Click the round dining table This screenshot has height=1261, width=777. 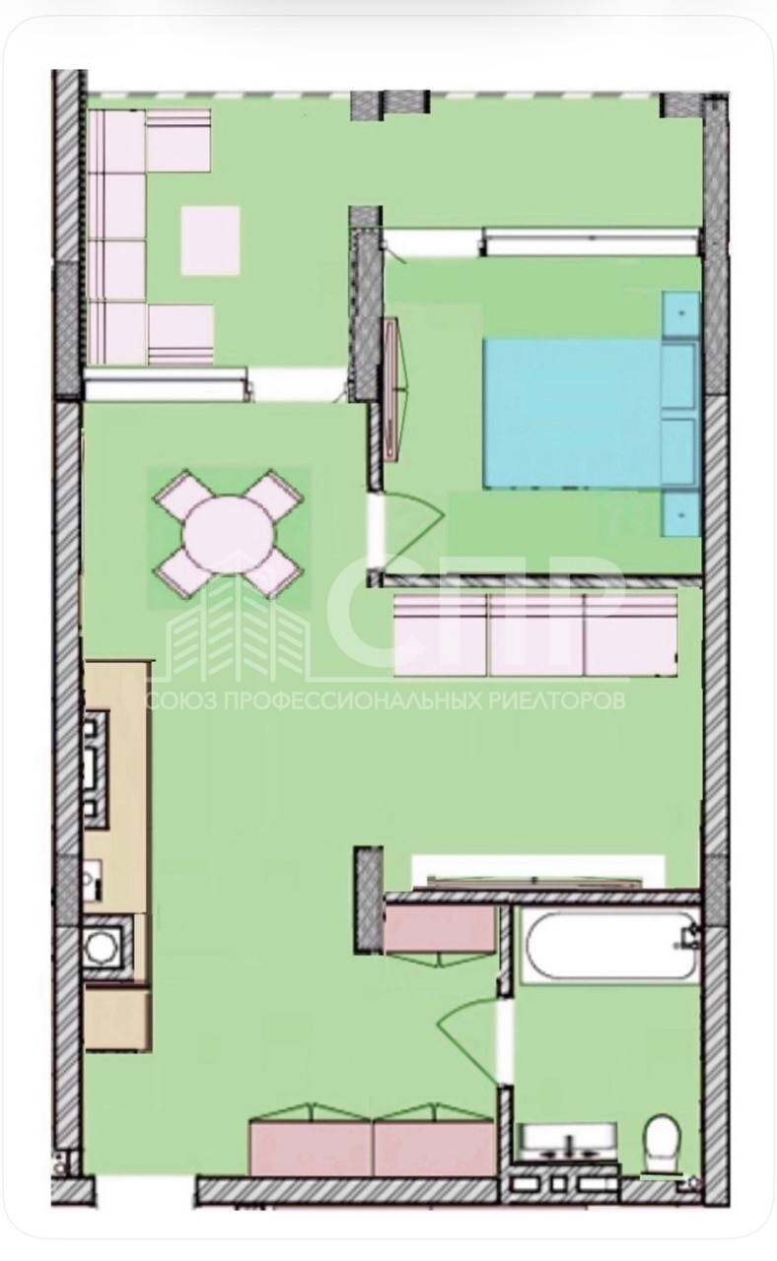coord(229,535)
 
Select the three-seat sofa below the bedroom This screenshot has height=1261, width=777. coord(535,635)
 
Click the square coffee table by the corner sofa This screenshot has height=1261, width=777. coord(210,240)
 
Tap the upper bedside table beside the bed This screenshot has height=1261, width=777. coord(681,314)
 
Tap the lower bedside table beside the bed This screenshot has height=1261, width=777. coord(681,515)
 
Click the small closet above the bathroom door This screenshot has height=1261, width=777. coord(440,929)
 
